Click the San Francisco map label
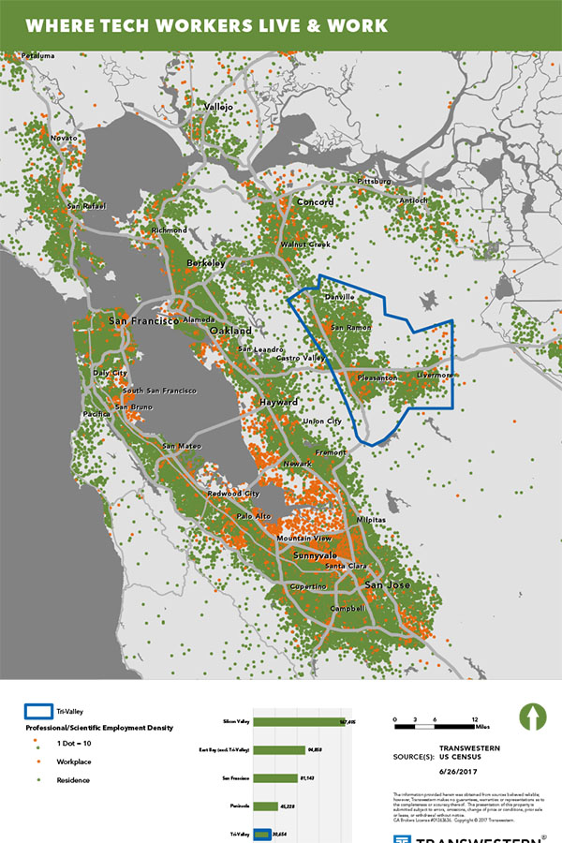(143, 321)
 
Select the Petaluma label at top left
(38, 56)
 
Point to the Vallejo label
(217, 108)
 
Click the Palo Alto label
(253, 516)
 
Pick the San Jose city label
(387, 586)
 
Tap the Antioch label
(413, 200)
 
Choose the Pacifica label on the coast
(97, 413)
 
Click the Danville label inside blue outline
(339, 297)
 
